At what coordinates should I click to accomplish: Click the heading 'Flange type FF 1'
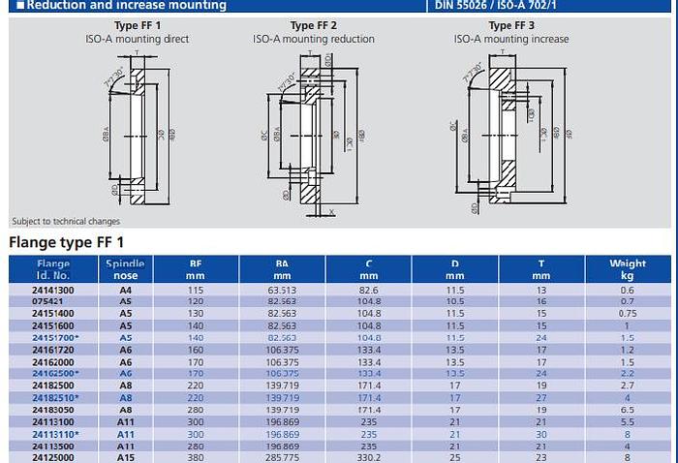[67, 241]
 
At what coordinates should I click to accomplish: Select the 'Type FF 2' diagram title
[314, 25]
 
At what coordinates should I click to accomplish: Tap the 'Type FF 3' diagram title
[511, 25]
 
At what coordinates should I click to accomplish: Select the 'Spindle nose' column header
[125, 268]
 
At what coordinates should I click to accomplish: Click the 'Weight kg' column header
[628, 268]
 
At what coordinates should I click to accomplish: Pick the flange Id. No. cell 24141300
[53, 290]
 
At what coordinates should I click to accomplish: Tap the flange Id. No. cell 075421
[53, 301]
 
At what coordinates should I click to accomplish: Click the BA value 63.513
[281, 290]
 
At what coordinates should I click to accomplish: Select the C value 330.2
[369, 457]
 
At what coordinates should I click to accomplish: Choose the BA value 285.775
[281, 457]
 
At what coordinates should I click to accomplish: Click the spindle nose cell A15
[125, 457]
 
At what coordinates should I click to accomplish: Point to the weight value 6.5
[628, 410]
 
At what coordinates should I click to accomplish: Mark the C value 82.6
[369, 290]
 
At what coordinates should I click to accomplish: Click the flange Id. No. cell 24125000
[53, 457]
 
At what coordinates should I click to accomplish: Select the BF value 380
[196, 457]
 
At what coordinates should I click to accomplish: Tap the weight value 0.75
[628, 314]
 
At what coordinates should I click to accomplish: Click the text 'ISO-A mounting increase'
[511, 40]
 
